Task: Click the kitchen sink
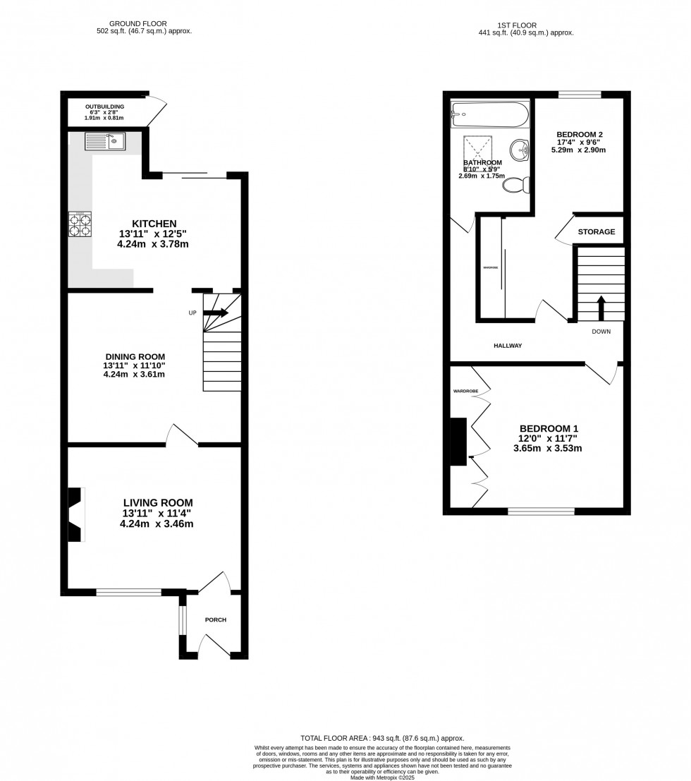[x=104, y=142]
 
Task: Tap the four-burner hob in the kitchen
[x=80, y=224]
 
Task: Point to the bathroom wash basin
[x=520, y=149]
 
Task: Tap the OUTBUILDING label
[x=105, y=107]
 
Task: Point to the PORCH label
[x=216, y=620]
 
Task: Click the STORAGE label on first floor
[x=597, y=231]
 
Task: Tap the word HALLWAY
[x=507, y=346]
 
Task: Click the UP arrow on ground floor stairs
[x=214, y=313]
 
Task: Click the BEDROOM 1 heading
[x=549, y=428]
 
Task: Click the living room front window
[x=129, y=593]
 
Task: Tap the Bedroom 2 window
[x=580, y=95]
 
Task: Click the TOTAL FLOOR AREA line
[x=381, y=738]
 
